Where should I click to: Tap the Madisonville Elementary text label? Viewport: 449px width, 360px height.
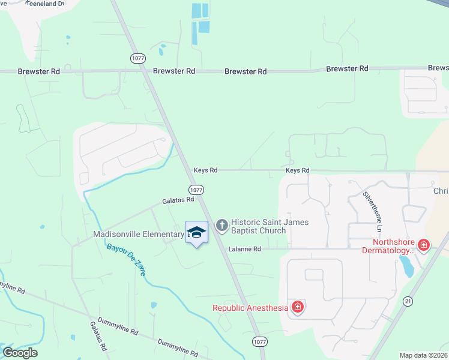pos(139,234)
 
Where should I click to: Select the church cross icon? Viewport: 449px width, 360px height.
pos(221,226)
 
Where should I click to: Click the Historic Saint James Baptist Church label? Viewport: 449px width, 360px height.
pos(270,227)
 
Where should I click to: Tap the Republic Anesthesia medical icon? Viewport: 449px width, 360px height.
pos(298,308)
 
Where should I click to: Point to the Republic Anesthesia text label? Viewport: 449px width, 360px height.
pos(250,308)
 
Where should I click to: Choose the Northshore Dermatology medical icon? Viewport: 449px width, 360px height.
pos(424,245)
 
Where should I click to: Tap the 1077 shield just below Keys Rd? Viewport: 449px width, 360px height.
pos(198,190)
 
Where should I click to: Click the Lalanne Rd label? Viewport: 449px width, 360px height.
pos(244,249)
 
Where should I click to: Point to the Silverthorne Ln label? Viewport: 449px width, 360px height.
pos(372,212)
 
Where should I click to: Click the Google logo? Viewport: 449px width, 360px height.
pos(20,352)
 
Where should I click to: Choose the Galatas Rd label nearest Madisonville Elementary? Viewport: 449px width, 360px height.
pos(178,200)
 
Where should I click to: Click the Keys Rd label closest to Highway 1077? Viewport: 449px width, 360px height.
pos(205,170)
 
